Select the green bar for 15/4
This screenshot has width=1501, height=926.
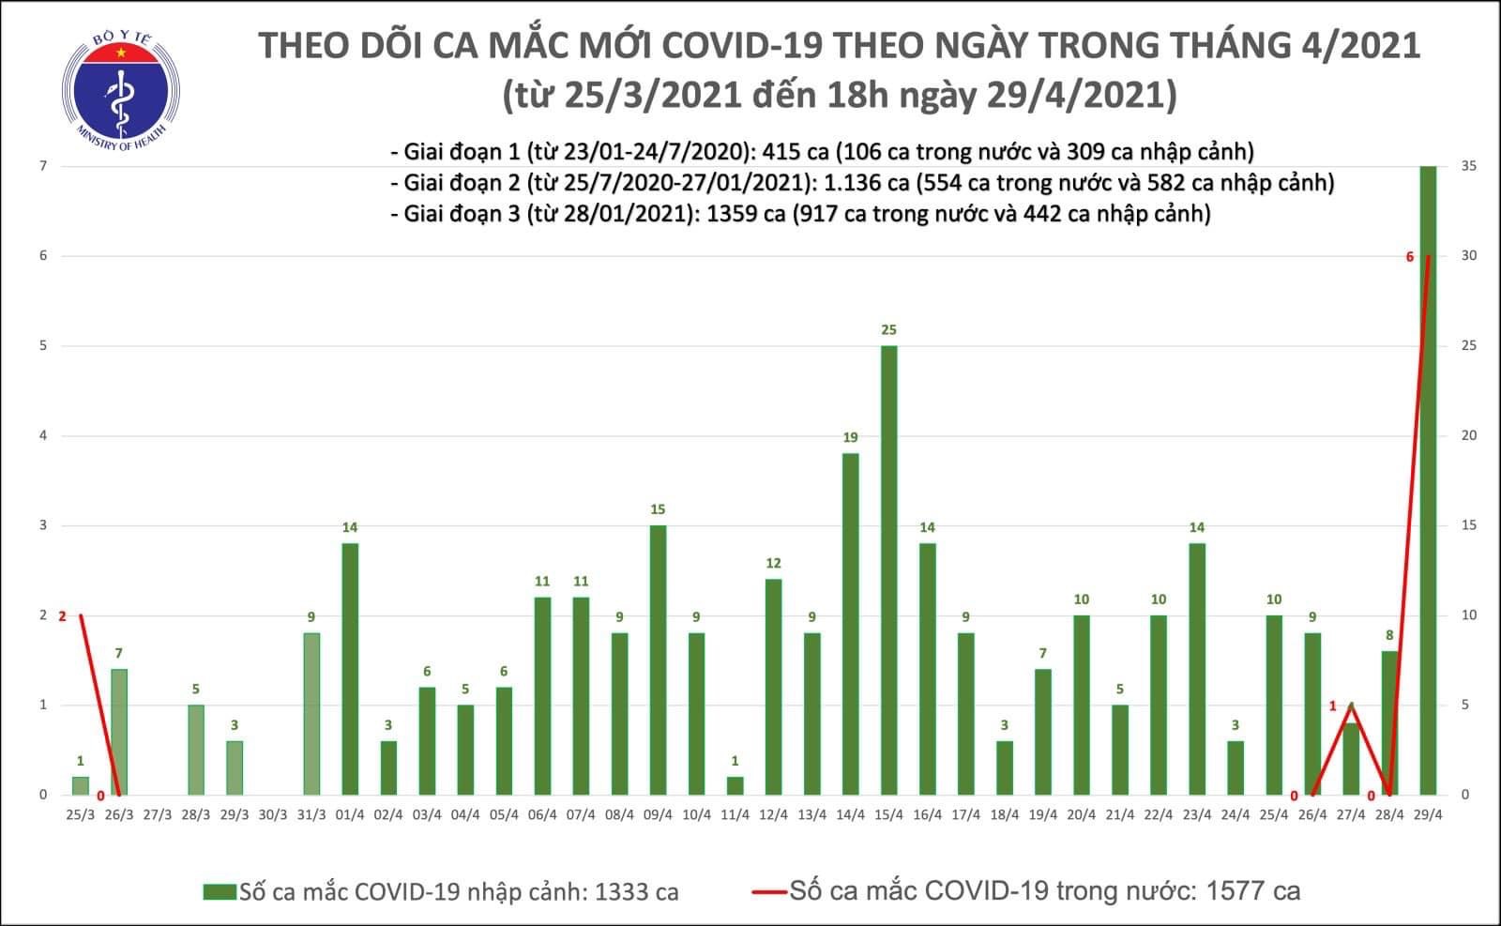888,569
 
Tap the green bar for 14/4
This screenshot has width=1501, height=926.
850,624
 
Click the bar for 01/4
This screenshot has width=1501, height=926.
350,669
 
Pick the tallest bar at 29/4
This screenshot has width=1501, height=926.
1428,480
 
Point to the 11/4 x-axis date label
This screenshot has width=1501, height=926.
735,814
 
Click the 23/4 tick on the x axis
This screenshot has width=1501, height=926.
1196,814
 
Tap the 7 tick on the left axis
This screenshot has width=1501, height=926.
43,166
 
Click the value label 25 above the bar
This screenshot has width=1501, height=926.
888,329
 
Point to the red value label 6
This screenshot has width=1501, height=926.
1409,257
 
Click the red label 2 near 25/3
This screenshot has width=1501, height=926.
62,616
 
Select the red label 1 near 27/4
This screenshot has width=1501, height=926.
1332,706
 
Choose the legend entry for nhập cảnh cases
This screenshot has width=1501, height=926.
441,891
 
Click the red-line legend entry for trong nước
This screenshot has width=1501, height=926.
1026,891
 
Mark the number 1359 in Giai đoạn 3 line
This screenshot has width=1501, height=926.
732,214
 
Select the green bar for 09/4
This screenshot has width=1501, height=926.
658,660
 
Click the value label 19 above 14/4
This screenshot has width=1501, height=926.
850,437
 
